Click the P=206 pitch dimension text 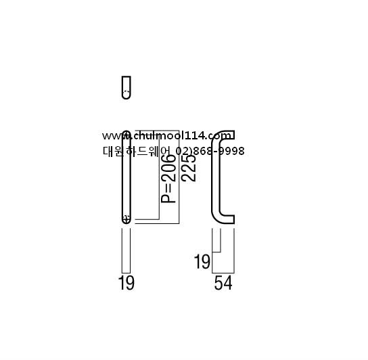tap(168, 179)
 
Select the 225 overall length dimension tap(189, 168)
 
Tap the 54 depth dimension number tap(223, 283)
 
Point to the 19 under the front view tap(127, 283)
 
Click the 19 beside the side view tap(202, 262)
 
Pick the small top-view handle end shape tap(127, 87)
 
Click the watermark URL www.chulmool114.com tap(167, 136)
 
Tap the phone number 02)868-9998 tap(210, 151)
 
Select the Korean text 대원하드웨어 tap(136, 151)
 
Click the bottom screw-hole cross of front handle tap(127, 219)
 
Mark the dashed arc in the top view tap(127, 91)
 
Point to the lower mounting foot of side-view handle tap(227, 219)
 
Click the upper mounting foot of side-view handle tap(227, 135)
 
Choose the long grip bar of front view tap(127, 177)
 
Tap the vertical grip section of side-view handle tap(216, 177)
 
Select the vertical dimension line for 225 tap(179, 177)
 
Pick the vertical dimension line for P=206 tap(160, 177)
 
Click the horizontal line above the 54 tap(223, 273)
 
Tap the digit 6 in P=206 tap(168, 160)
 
